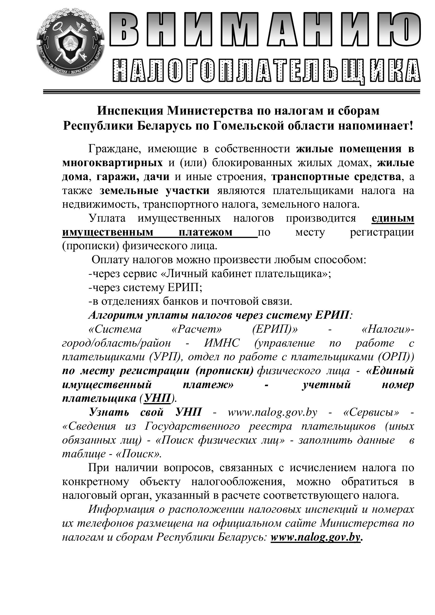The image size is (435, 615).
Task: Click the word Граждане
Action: pos(115,149)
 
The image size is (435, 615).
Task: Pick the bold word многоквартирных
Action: pos(112,163)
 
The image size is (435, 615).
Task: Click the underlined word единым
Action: pos(393,218)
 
